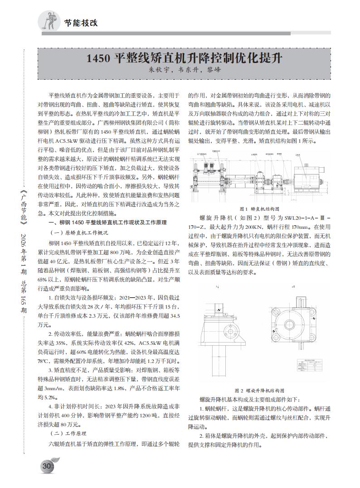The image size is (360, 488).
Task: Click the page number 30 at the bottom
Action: coord(46,466)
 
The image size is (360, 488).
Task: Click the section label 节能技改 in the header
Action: coord(81,22)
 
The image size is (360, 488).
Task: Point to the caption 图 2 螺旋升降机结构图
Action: coord(259,390)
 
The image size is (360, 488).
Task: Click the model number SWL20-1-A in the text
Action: coord(299,217)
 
